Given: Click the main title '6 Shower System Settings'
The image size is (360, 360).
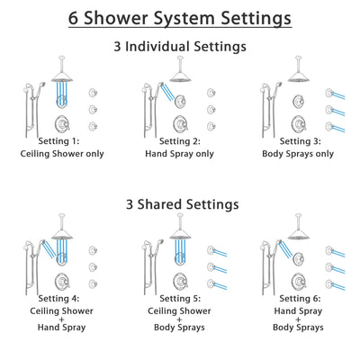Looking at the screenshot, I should (180, 17).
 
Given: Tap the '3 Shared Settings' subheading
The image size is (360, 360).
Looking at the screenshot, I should (180, 204).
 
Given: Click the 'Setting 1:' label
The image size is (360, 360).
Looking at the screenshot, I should (60, 142).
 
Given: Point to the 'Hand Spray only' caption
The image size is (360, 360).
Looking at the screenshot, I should (180, 154).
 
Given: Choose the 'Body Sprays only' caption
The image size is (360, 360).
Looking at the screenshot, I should (300, 154).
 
